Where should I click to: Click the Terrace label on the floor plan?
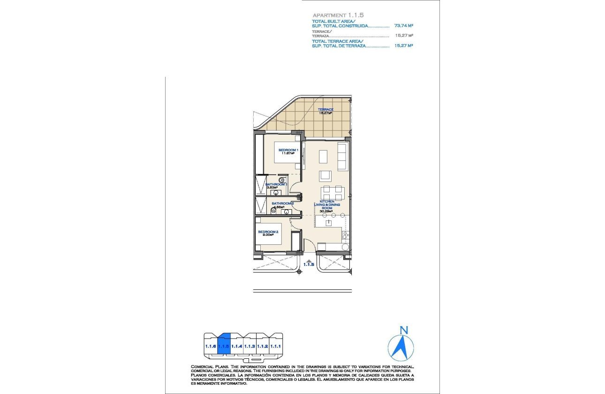click(x=325, y=110)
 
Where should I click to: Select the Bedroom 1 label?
click(x=287, y=150)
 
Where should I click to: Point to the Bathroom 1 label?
click(x=276, y=184)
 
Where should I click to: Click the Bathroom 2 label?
click(x=282, y=204)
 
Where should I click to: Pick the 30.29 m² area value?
click(x=326, y=211)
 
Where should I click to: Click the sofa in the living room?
click(x=343, y=157)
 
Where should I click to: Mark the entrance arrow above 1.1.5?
click(x=309, y=260)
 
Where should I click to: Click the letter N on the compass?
click(x=402, y=330)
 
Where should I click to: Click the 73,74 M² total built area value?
click(x=404, y=26)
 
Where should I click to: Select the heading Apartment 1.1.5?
click(x=338, y=15)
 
